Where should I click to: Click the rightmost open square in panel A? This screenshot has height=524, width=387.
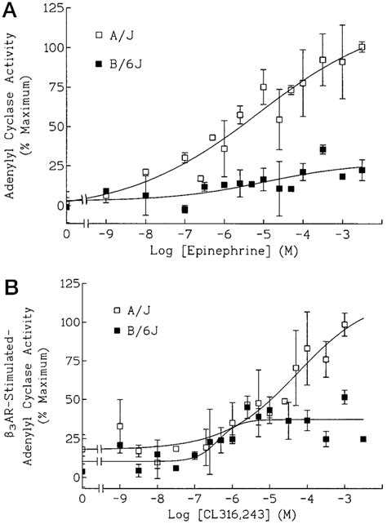362,47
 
